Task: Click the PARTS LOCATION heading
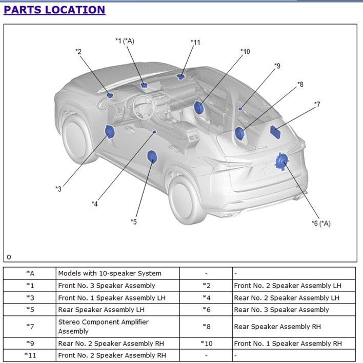[54, 10]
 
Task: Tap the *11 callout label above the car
[195, 43]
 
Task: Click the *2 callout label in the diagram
[78, 51]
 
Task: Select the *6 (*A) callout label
[321, 224]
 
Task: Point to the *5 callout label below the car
[134, 222]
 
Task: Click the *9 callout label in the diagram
[277, 66]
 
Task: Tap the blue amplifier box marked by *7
[275, 132]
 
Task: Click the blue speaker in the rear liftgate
[282, 162]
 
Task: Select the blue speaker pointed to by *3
[110, 131]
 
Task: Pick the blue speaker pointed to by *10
[198, 108]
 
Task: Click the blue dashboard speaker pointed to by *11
[180, 76]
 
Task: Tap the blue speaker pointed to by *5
[152, 157]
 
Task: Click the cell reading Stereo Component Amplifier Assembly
[118, 327]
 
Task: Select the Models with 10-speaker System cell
[118, 273]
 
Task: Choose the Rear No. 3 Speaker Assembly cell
[294, 310]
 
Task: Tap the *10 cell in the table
[206, 344]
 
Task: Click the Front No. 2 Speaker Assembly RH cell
[118, 355]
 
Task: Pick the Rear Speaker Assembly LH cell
[118, 310]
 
